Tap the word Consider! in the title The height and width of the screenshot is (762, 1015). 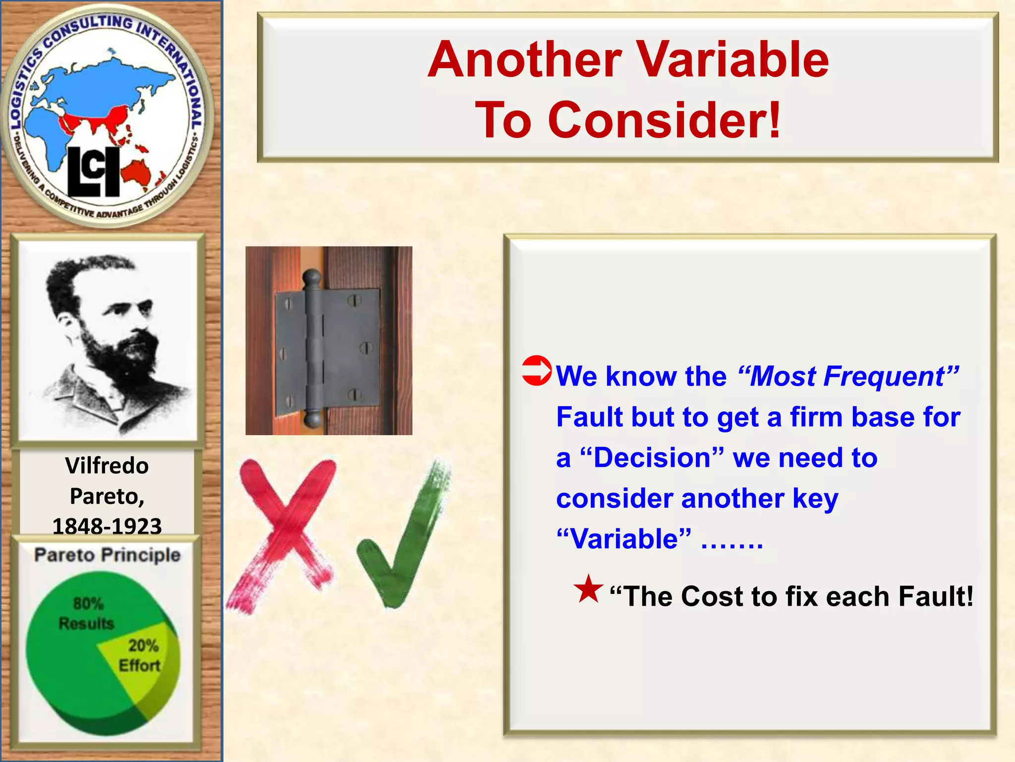[664, 120]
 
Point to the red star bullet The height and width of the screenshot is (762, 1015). [588, 589]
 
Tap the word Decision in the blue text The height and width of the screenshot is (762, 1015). [652, 457]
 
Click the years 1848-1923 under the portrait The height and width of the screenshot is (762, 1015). [107, 526]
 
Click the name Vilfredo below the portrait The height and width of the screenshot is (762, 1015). [107, 466]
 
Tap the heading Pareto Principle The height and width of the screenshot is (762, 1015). [107, 555]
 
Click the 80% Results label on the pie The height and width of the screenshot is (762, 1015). [86, 613]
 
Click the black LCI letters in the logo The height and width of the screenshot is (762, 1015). [93, 172]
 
